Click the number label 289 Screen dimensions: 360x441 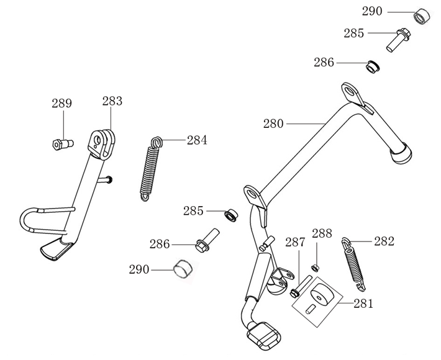(61, 104)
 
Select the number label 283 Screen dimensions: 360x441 (112, 101)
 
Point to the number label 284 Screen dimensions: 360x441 (197, 140)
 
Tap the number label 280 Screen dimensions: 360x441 (273, 124)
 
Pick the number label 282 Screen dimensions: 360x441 (384, 242)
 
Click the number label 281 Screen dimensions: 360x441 (363, 304)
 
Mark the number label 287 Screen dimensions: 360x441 (295, 242)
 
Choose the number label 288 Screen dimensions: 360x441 (322, 234)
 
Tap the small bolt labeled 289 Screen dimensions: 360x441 (61, 144)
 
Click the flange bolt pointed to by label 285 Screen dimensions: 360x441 (397, 38)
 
